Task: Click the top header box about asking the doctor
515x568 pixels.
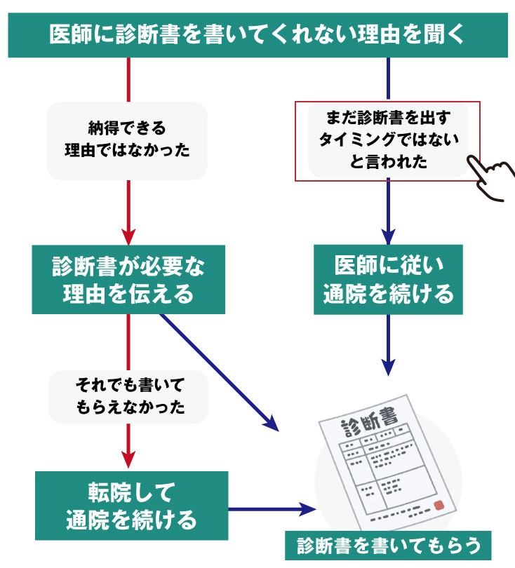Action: pos(257,34)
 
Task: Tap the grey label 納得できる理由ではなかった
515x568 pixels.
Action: pos(127,140)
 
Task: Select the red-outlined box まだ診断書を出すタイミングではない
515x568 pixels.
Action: pos(387,140)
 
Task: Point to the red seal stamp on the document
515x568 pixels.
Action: pos(439,505)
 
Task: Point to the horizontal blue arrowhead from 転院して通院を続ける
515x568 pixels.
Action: pos(307,509)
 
